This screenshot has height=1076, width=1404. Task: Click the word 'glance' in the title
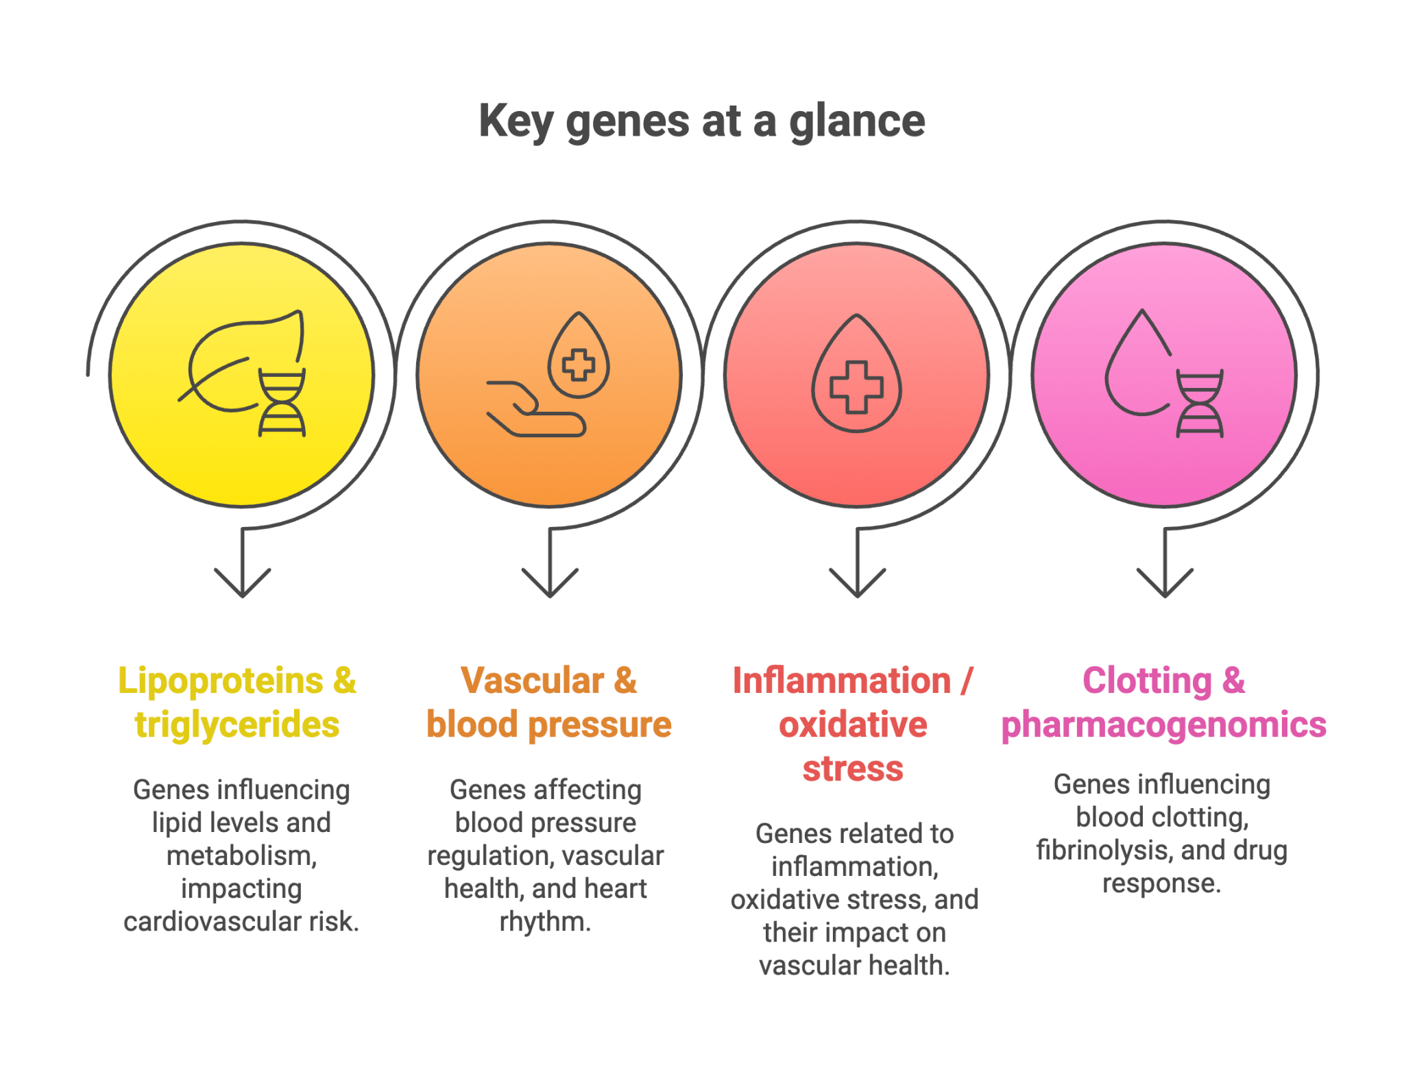(857, 122)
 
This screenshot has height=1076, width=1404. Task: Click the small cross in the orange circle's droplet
(579, 364)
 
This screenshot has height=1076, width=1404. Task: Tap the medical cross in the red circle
(856, 387)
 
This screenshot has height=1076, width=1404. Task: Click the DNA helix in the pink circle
(1200, 404)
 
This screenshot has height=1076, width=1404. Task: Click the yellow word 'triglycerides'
(237, 725)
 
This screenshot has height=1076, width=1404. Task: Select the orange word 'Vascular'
(532, 681)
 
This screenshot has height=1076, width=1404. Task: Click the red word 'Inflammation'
(841, 681)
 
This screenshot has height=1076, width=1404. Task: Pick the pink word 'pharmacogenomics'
(1163, 725)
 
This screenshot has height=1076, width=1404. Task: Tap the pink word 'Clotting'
(1147, 681)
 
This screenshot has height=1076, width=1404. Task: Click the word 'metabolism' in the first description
(241, 856)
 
